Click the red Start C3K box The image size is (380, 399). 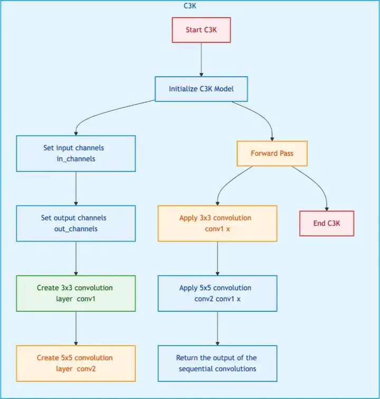point(201,30)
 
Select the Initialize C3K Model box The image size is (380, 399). point(201,89)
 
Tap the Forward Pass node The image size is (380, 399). point(272,153)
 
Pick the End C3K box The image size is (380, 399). point(327,223)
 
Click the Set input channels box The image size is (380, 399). point(76,153)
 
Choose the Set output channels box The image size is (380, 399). point(76,223)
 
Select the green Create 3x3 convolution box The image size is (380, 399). point(76,293)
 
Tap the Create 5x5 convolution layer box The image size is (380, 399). point(76,363)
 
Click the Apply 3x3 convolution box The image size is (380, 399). point(217,223)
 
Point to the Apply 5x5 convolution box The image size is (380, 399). point(217,293)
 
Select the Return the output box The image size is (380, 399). point(217,363)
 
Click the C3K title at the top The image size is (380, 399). point(190,5)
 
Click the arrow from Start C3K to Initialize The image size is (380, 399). point(201,59)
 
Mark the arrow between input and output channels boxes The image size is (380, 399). point(76,188)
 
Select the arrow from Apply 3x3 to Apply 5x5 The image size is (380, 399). point(217,258)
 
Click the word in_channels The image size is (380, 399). point(76,159)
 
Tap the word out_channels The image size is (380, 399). point(76,229)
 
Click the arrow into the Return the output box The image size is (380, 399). point(217,329)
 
